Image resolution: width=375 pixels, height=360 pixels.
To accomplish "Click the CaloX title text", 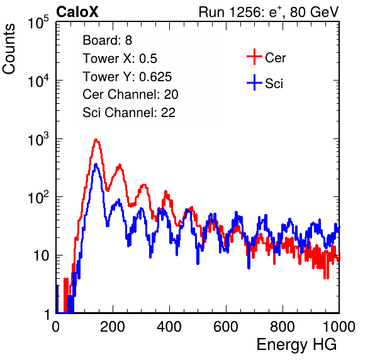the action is (77, 12).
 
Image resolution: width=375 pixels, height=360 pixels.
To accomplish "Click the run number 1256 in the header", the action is (244, 12).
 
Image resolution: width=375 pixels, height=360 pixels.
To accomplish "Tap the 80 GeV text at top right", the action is (314, 13).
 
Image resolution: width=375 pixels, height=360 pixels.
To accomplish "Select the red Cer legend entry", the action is (266, 57).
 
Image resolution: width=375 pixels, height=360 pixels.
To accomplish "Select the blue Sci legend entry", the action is (265, 83).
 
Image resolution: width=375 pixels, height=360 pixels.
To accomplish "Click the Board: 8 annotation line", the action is (107, 40).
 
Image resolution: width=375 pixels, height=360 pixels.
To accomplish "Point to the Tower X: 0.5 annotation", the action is (120, 59).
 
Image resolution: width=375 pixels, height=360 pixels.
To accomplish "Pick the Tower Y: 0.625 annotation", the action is (127, 77).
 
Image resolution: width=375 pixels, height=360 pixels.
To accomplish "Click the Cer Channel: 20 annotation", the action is (130, 94).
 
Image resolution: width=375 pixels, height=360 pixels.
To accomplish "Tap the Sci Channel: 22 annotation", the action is (129, 113).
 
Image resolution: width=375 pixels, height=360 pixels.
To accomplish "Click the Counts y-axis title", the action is (9, 49).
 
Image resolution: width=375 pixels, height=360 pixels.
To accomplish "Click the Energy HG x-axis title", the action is (296, 345).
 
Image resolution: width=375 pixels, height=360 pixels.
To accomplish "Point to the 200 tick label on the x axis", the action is (113, 327).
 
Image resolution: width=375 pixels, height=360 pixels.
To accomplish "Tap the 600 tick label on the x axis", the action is (226, 327).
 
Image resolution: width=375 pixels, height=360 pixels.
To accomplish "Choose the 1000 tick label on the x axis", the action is (339, 327).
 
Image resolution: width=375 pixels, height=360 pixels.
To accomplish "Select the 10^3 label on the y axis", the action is (38, 139).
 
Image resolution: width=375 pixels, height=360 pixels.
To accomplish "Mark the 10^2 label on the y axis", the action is (38, 197).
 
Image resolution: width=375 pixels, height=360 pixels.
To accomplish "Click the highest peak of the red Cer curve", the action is (96, 139).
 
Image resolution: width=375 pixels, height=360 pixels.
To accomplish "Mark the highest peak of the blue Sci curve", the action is (96, 164).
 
